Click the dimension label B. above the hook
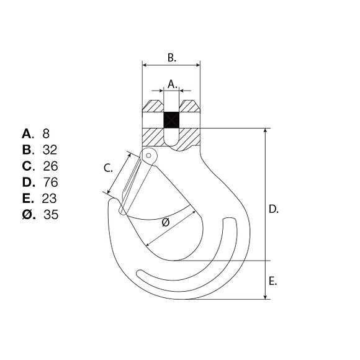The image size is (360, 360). [x=172, y=58]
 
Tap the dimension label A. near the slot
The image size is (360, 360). [x=172, y=84]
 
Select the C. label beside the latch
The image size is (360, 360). [x=108, y=168]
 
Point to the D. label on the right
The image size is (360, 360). [x=274, y=209]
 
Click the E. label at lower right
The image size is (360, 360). [x=272, y=281]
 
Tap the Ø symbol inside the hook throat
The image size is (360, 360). [x=166, y=222]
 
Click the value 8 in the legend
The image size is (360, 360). [x=46, y=133]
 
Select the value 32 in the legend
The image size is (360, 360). [x=50, y=150]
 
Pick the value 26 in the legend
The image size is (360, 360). [x=50, y=166]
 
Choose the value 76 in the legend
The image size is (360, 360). [x=51, y=182]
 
